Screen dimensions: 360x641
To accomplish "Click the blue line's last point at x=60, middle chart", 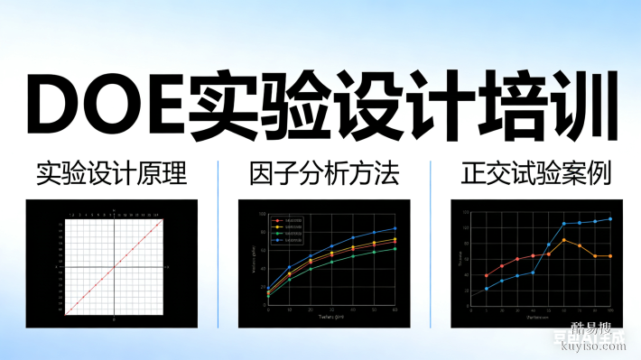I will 395,228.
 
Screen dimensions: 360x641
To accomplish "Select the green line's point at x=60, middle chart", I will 395,249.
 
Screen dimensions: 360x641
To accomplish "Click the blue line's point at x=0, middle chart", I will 268,289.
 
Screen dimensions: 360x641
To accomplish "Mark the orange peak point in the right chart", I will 564,240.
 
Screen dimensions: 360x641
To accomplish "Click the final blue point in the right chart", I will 610,218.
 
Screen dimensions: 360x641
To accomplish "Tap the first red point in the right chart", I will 487,275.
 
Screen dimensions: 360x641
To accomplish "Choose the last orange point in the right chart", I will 610,256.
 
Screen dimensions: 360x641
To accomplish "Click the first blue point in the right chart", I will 487,289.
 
